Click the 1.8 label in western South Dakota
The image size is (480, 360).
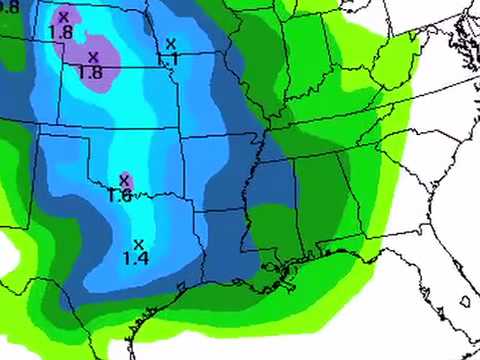[62, 32]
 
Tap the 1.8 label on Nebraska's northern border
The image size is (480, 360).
[90, 72]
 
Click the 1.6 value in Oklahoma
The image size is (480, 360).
[120, 196]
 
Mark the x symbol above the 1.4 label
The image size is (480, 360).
[139, 243]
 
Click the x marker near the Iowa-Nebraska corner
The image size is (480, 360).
[171, 43]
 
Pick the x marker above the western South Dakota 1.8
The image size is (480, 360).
[64, 17]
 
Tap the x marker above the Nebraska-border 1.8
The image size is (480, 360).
[93, 57]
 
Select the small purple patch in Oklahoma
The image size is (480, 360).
[126, 180]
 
